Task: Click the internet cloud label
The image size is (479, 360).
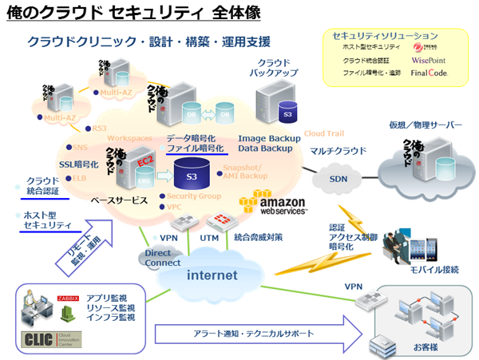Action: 212,275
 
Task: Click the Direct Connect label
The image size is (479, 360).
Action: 163,257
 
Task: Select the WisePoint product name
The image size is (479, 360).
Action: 430,60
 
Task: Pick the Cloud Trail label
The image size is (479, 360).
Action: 323,133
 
